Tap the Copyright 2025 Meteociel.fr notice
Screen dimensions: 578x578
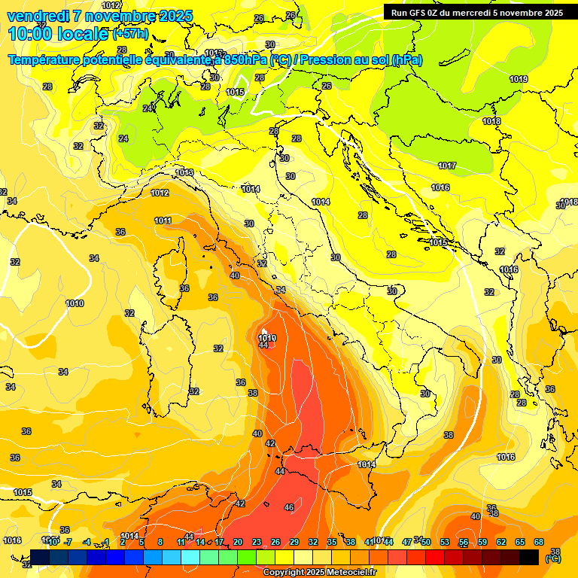tap(319, 572)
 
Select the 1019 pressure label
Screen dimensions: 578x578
tap(519, 79)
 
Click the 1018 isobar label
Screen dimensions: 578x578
tap(491, 121)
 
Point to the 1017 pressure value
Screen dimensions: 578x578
tap(447, 166)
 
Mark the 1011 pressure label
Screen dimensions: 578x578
tap(163, 221)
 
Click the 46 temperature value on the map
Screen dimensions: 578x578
tap(289, 508)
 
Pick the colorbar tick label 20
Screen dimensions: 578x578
tap(238, 542)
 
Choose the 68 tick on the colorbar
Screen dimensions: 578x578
tap(539, 542)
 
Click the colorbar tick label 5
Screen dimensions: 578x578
tap(141, 542)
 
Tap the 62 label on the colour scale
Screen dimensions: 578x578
tap(501, 542)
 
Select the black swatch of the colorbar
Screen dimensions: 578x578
tap(529, 556)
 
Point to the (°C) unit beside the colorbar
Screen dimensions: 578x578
tap(553, 559)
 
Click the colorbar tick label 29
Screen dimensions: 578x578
tap(294, 542)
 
